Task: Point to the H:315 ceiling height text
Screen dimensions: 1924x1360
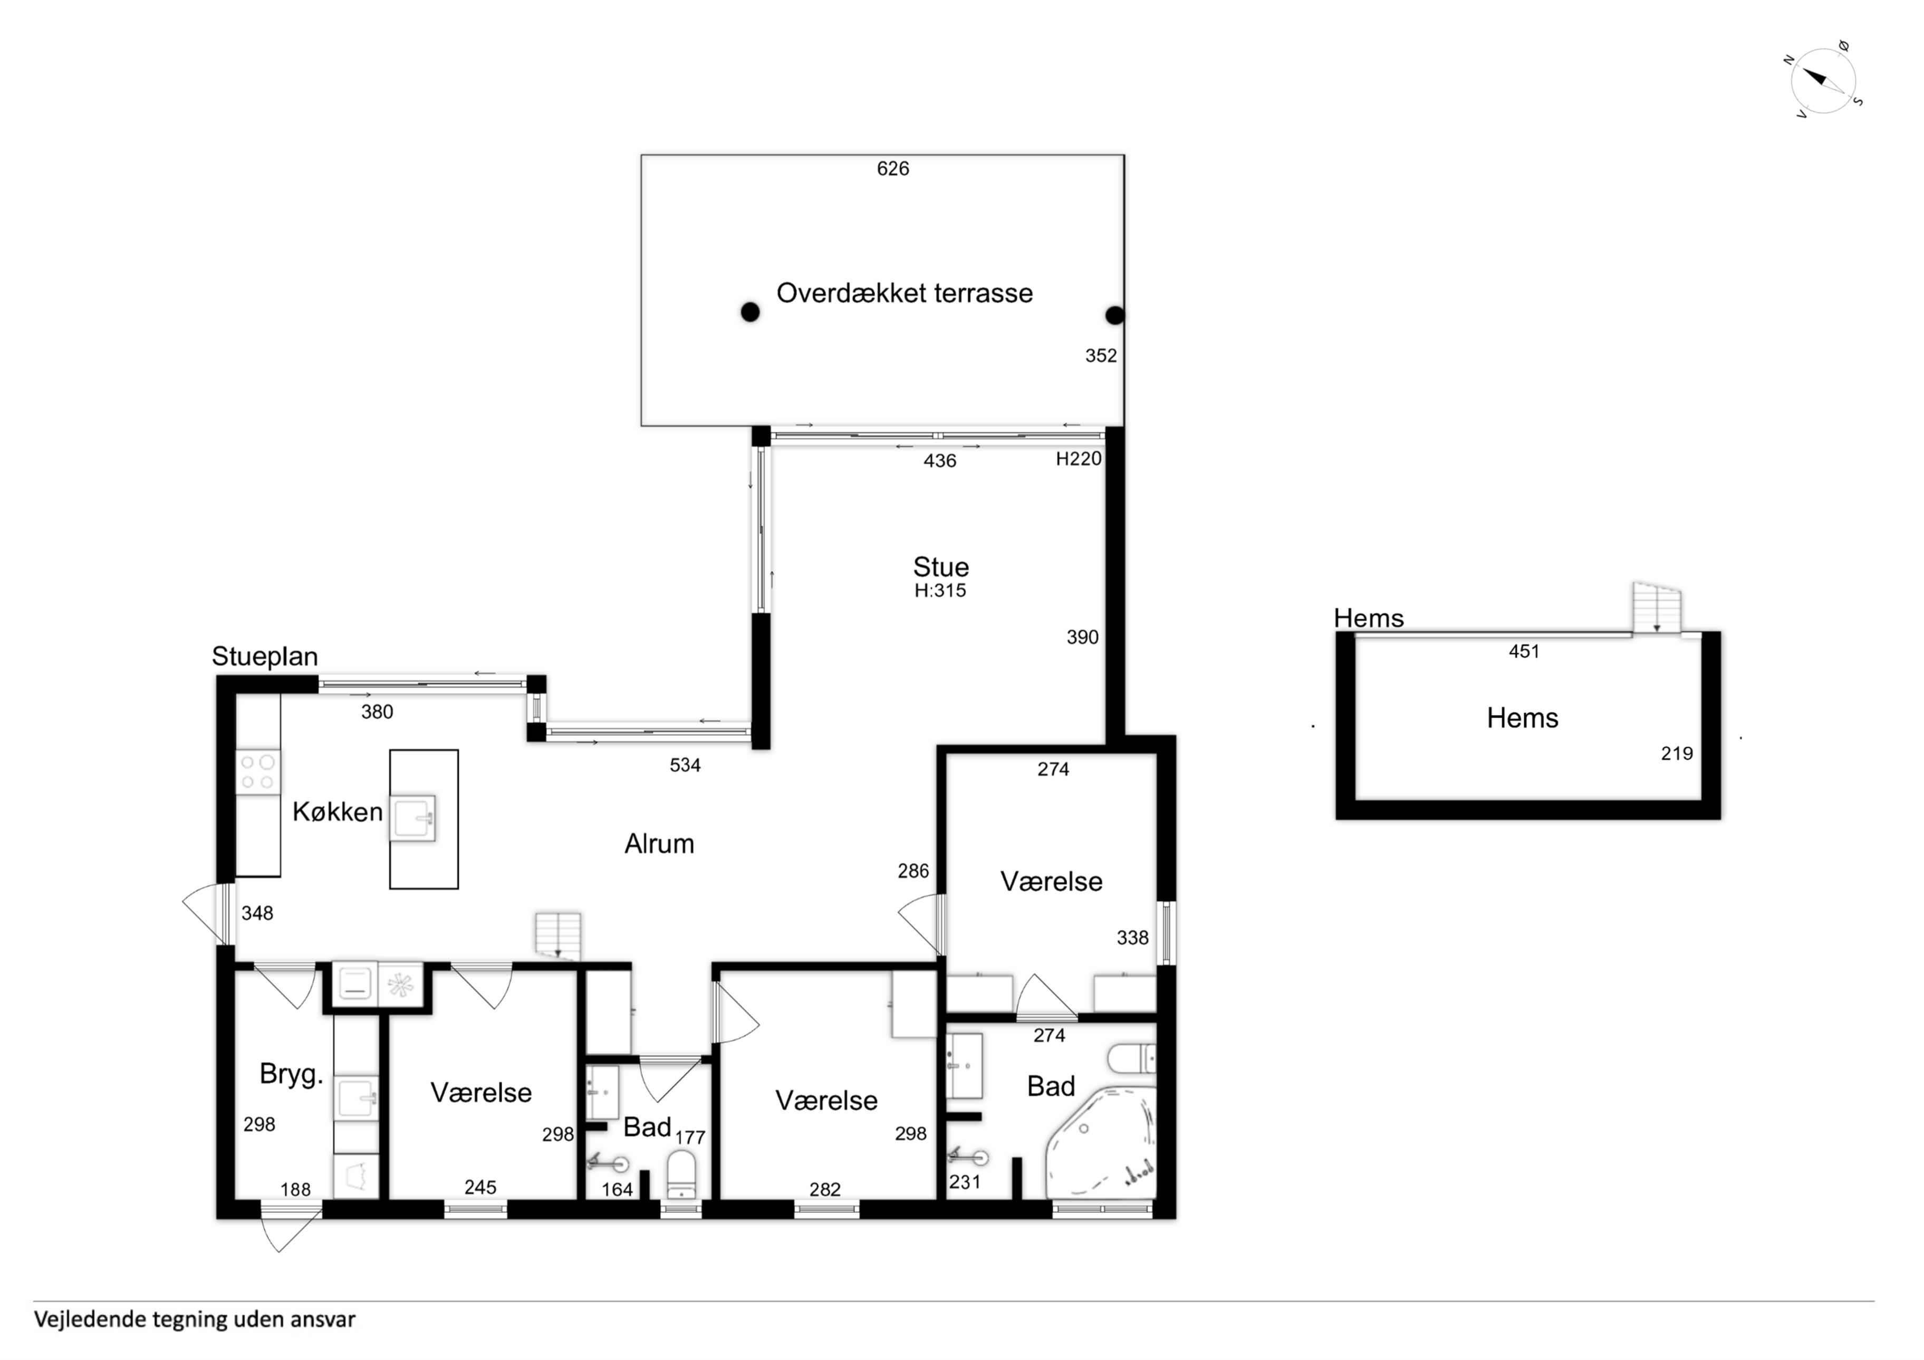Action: tap(940, 590)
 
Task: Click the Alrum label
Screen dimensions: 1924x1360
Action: tap(659, 844)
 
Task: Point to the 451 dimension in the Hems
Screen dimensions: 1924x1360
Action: tap(1524, 651)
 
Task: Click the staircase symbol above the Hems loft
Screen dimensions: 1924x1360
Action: tap(1656, 607)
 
